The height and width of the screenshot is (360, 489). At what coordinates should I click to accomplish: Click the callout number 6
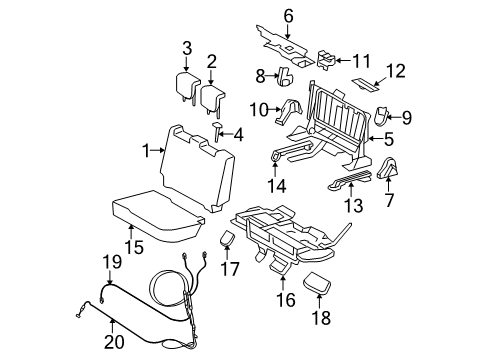289,16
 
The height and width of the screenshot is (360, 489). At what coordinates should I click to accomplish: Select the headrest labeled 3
187,86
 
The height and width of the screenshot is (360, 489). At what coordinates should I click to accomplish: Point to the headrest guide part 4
218,131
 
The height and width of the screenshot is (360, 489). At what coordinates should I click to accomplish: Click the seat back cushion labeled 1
197,168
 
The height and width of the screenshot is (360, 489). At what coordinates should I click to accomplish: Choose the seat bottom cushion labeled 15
157,215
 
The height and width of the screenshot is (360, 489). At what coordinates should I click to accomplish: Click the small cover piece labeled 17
227,238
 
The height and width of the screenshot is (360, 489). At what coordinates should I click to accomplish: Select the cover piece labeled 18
317,283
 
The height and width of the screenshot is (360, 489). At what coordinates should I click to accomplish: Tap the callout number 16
286,300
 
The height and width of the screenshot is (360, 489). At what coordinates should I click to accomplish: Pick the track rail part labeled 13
350,180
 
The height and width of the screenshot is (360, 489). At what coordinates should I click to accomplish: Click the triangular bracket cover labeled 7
388,167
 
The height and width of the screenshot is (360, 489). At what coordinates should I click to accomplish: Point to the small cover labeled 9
381,116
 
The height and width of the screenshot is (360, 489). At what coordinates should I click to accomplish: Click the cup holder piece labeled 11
326,60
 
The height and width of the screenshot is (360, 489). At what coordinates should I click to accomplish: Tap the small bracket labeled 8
285,76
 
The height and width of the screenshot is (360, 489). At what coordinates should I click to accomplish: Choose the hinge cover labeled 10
288,111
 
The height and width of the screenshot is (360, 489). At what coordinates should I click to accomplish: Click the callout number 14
277,186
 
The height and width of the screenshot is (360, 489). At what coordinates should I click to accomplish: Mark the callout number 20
114,342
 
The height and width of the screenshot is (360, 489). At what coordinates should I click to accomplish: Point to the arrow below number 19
110,277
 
